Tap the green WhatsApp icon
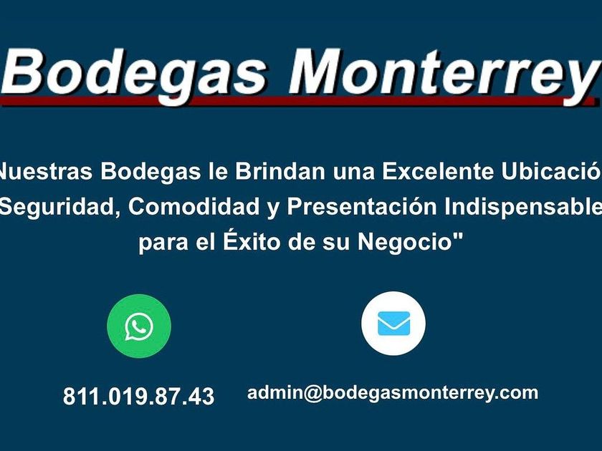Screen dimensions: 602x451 click(x=139, y=326)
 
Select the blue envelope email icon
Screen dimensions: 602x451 click(x=393, y=324)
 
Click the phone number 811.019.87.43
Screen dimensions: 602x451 click(x=138, y=396)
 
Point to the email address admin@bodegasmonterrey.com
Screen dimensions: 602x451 click(x=393, y=393)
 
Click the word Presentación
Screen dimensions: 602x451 click(x=362, y=207)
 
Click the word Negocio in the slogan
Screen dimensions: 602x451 click(x=404, y=243)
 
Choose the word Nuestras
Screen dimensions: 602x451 click(x=46, y=171)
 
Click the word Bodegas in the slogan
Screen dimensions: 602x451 click(x=150, y=171)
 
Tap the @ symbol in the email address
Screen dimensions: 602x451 click(x=312, y=394)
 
